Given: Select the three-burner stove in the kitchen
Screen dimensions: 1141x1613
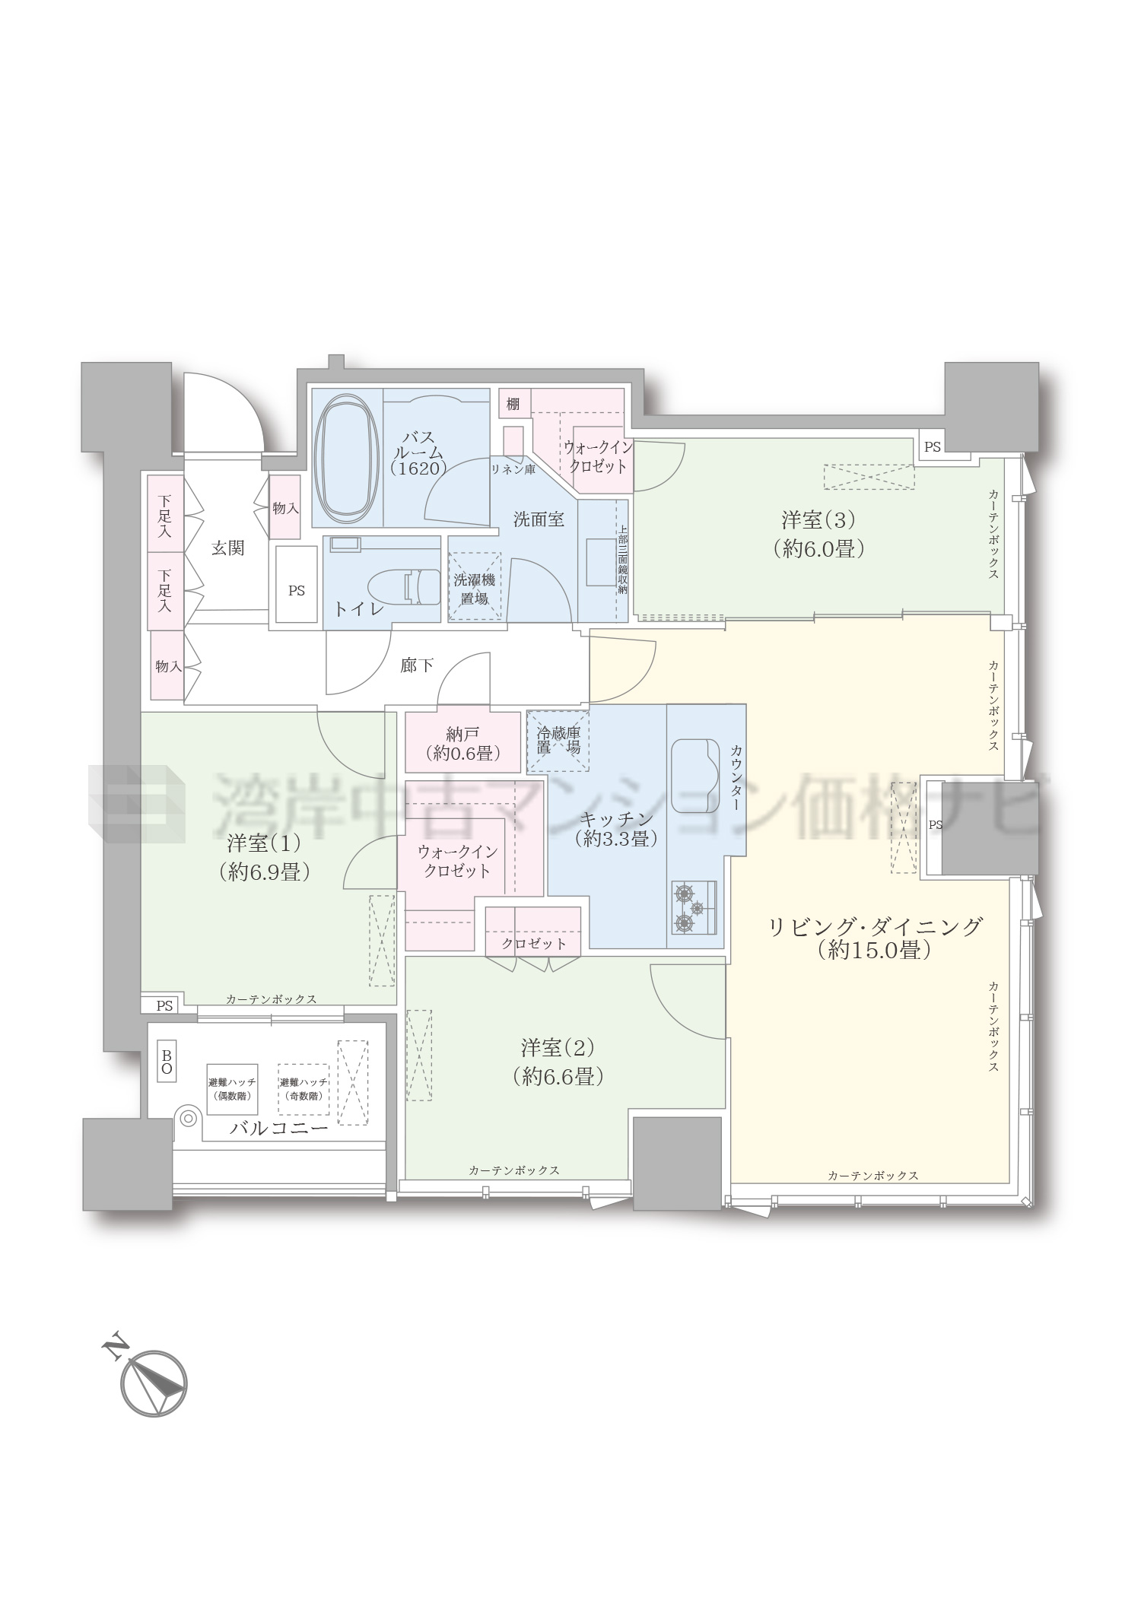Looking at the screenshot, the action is pyautogui.click(x=694, y=907).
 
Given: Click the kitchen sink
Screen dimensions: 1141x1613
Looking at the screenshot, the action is pyautogui.click(x=695, y=775).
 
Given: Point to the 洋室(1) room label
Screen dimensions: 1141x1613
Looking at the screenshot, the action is pyautogui.click(x=264, y=857).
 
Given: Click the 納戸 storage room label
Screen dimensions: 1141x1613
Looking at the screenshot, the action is pyautogui.click(x=462, y=734).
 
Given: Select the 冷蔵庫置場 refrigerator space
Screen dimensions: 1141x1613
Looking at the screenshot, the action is pyautogui.click(x=558, y=740).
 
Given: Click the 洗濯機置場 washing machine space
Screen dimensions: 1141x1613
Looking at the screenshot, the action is pyautogui.click(x=475, y=586).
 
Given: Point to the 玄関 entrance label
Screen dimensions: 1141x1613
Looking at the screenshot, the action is pyautogui.click(x=227, y=548).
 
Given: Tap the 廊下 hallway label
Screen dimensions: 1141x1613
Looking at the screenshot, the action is pyautogui.click(x=417, y=665).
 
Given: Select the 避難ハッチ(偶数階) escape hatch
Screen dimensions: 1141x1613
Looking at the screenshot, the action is pyautogui.click(x=232, y=1088).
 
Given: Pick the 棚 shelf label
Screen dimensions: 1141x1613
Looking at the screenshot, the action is pyautogui.click(x=513, y=404).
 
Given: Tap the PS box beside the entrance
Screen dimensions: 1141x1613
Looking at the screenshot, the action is pyautogui.click(x=296, y=584).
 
